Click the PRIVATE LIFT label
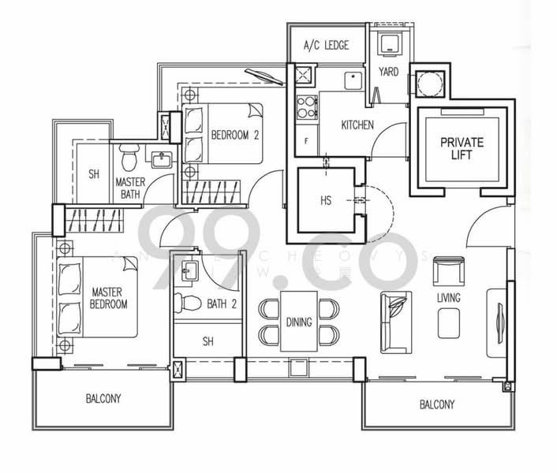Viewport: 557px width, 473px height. tap(462, 149)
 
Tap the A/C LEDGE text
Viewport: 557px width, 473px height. tap(326, 46)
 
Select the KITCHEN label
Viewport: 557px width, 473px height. tap(357, 125)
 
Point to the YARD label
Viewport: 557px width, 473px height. tap(388, 72)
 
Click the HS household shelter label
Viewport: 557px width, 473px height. tap(325, 201)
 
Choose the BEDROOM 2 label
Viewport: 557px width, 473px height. tap(235, 135)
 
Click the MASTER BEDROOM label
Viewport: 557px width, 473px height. tap(108, 297)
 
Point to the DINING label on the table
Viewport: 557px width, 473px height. tap(299, 322)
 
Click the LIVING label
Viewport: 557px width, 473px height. tap(449, 298)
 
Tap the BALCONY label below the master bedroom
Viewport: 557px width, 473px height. tap(103, 399)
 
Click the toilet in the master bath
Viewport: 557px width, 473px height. tap(130, 158)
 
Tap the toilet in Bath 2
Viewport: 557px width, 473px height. tap(187, 302)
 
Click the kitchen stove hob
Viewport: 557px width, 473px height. tap(306, 107)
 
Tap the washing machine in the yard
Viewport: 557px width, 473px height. tap(390, 46)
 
